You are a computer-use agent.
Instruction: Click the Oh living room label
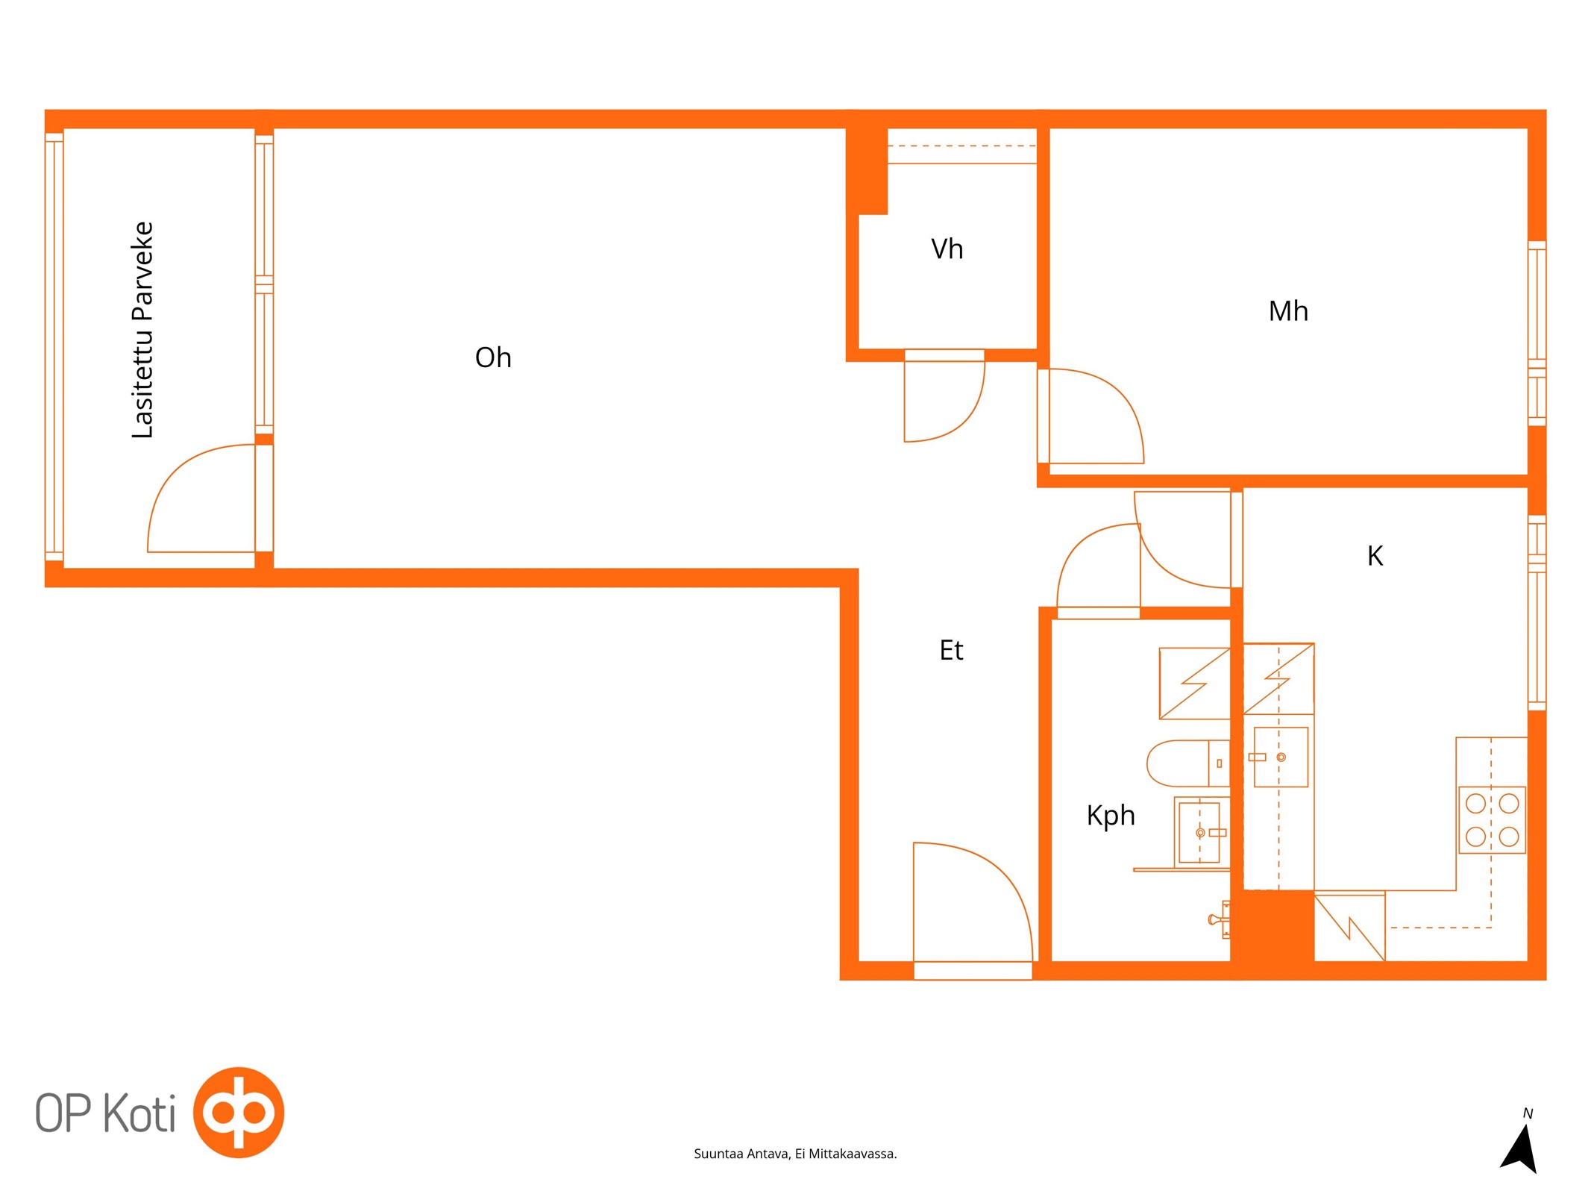[493, 357]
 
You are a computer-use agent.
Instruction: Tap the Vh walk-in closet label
[947, 249]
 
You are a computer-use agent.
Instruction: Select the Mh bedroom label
[1288, 311]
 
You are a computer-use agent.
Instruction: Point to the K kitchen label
[1375, 556]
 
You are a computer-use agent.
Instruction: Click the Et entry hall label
[951, 650]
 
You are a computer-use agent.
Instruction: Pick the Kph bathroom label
[1111, 816]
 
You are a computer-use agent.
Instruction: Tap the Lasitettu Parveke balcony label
[142, 330]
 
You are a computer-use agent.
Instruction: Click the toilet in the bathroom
[1188, 763]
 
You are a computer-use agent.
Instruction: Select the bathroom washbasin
[1199, 832]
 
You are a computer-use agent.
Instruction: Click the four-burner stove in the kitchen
[1492, 819]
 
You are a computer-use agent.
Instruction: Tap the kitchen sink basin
[1281, 757]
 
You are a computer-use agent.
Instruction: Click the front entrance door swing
[973, 901]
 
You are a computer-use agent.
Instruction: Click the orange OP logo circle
[239, 1112]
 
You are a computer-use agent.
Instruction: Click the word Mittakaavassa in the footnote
[853, 1154]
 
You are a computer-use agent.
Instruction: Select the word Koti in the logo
[139, 1113]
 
